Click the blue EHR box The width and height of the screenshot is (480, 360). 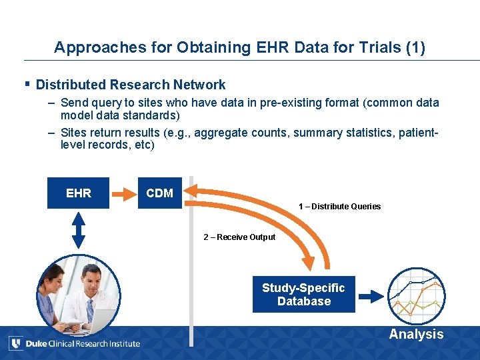(78, 193)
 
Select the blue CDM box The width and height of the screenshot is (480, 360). (160, 193)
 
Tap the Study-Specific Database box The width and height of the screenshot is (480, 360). (303, 294)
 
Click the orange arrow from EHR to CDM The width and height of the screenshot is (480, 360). (123, 194)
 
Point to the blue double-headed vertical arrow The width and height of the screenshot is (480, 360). (79, 230)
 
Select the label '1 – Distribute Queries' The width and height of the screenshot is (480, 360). (339, 207)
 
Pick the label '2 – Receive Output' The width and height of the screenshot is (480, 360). (239, 237)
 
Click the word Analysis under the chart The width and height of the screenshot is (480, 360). (416, 335)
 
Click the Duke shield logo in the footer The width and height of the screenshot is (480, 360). (15, 343)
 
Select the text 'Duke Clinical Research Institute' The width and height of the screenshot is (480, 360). (83, 344)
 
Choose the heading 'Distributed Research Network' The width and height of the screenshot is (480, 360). (131, 85)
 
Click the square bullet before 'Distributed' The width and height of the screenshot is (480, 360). (27, 84)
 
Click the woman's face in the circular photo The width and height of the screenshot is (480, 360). (55, 281)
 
